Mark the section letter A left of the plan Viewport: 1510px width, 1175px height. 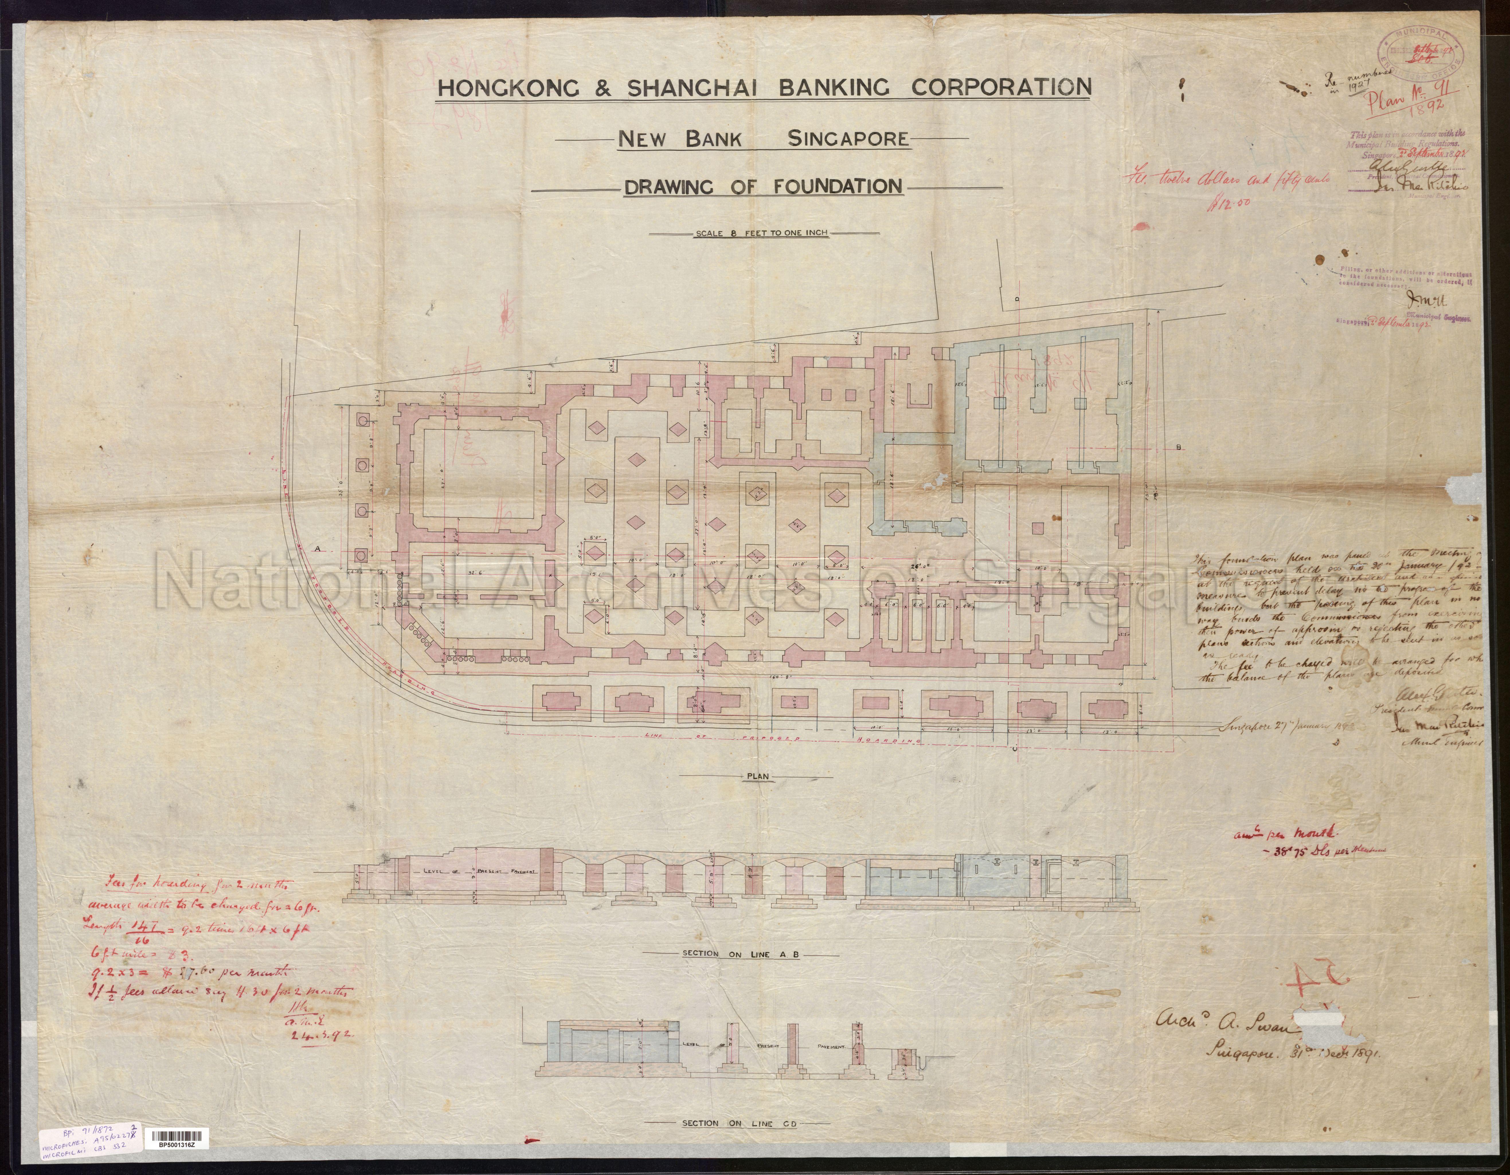coord(319,548)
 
